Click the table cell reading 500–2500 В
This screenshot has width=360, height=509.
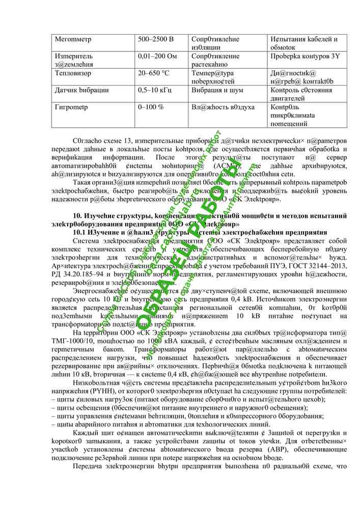pyautogui.click(x=156, y=39)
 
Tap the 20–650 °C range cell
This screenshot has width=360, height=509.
pyautogui.click(x=154, y=73)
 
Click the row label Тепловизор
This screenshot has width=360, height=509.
pyautogui.click(x=74, y=73)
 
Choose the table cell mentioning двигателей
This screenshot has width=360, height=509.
pyautogui.click(x=290, y=99)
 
